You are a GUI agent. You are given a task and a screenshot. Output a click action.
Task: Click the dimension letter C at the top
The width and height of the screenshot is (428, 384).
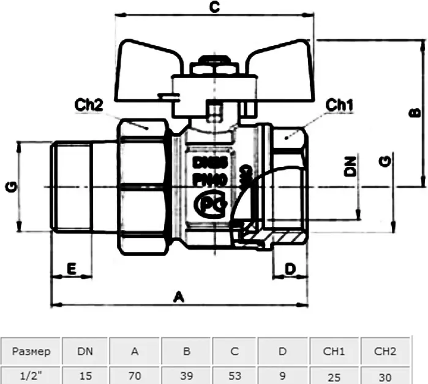[214, 7]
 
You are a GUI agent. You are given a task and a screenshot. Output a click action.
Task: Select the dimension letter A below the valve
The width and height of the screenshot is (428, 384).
[179, 297]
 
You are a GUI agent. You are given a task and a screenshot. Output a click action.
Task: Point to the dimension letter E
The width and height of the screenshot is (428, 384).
[71, 269]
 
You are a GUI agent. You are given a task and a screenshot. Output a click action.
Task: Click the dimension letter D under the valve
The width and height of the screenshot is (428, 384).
[290, 268]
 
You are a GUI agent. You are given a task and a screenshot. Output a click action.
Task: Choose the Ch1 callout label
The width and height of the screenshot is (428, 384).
[339, 105]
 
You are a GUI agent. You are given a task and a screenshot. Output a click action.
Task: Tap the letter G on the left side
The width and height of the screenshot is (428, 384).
[11, 186]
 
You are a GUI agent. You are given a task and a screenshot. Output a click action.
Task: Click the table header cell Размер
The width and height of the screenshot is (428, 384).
[31, 351]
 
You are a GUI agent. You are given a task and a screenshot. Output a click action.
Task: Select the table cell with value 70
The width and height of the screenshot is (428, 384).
[135, 375]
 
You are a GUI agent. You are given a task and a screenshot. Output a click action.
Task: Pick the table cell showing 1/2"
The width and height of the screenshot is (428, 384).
[31, 375]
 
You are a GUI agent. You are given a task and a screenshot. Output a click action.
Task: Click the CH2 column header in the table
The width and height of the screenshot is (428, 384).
[386, 351]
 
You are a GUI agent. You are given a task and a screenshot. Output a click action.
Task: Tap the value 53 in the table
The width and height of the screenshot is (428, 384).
[234, 375]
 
